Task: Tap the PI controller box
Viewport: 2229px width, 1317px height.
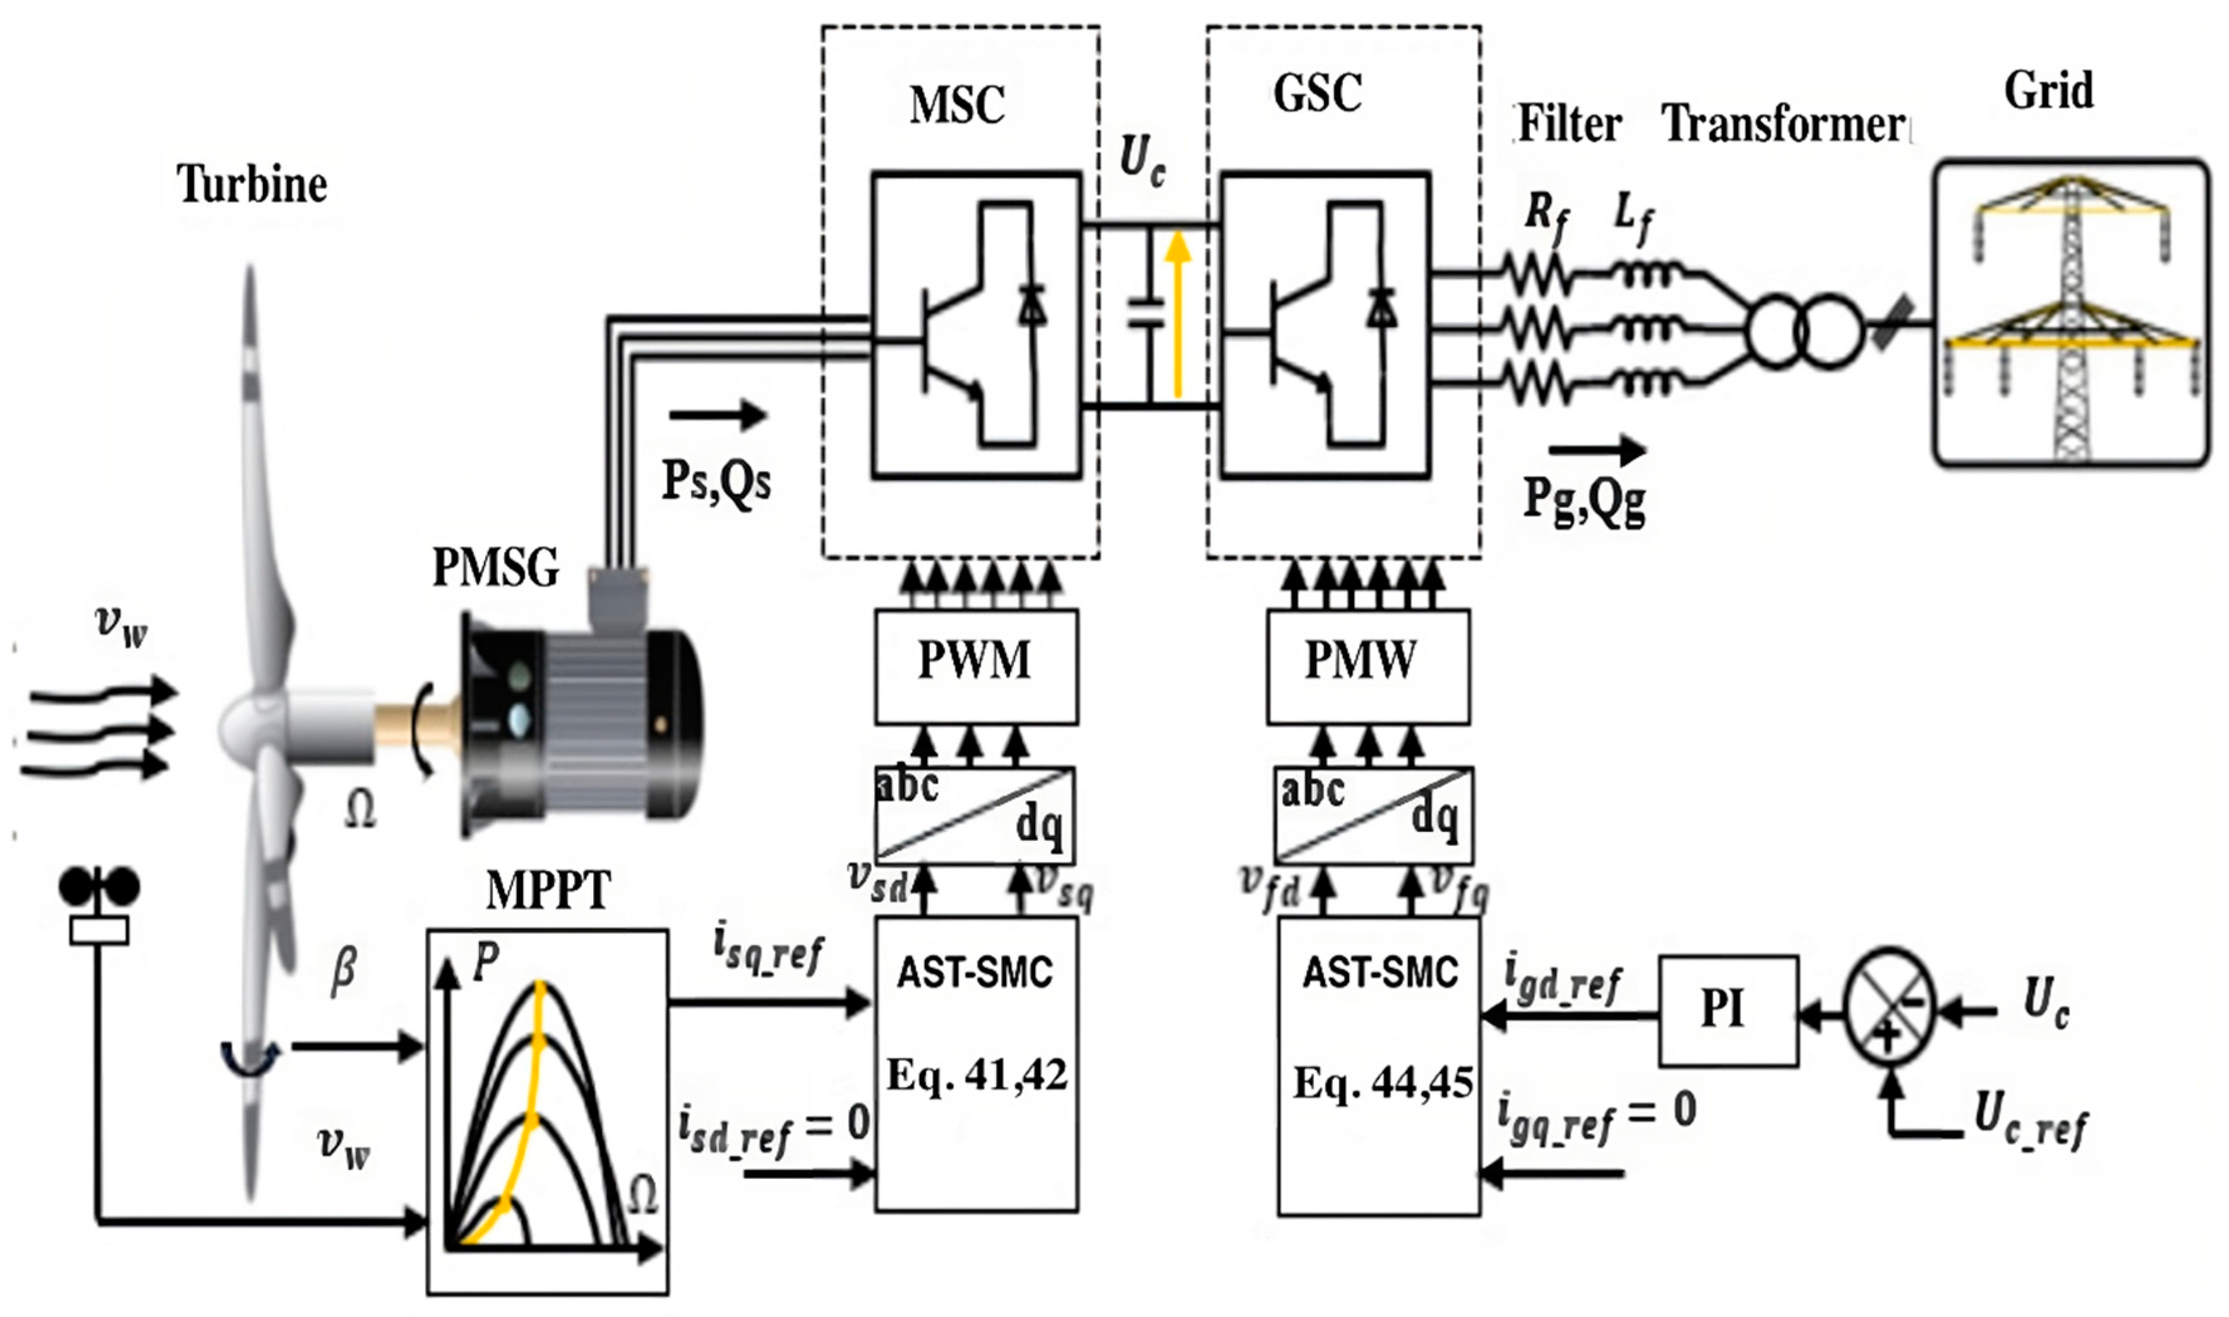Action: [1728, 1010]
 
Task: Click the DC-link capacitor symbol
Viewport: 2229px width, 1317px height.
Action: [1145, 315]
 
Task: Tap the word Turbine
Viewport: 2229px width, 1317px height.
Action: [252, 184]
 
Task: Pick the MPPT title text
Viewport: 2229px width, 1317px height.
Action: [549, 890]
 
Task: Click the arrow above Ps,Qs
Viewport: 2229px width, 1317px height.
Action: [717, 415]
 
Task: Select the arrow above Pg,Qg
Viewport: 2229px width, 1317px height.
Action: [1597, 450]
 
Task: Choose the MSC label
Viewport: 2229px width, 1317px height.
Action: [957, 105]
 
